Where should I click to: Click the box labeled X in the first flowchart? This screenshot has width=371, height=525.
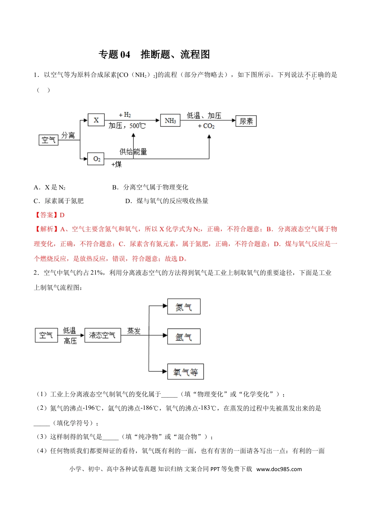[96, 120]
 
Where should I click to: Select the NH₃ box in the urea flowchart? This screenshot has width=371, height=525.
[170, 121]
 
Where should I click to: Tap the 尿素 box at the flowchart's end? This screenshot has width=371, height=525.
[246, 121]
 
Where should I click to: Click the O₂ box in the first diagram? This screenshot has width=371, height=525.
[96, 159]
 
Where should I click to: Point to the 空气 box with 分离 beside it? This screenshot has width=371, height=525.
[49, 140]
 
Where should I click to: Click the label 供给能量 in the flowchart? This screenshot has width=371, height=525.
[133, 152]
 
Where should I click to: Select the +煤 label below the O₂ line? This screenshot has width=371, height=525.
[116, 164]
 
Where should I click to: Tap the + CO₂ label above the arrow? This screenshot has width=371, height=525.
[206, 126]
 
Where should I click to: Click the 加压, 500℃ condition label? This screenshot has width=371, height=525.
[127, 126]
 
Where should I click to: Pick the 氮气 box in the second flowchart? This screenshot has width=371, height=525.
[184, 307]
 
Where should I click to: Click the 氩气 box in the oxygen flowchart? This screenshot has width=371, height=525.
[184, 337]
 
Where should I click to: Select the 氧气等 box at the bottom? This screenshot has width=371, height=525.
[185, 372]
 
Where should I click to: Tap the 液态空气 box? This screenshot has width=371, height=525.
[102, 335]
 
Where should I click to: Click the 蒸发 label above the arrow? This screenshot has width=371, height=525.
[134, 331]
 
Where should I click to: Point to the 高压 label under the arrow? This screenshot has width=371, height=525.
[70, 341]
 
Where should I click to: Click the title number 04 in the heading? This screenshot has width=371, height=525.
[125, 55]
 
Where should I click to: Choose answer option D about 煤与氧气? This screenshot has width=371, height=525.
[167, 201]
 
